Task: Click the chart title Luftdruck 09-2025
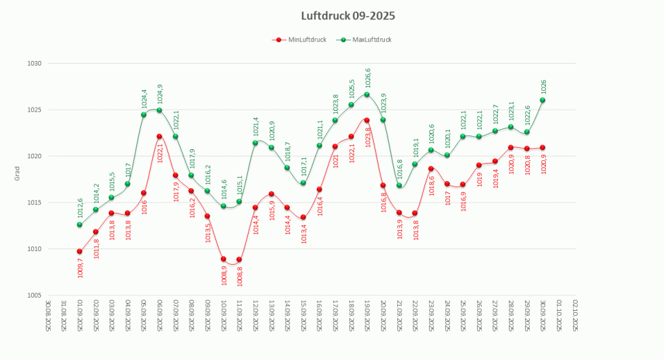tap(348, 16)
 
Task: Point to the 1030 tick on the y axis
tap(34, 64)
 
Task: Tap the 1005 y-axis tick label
tap(34, 295)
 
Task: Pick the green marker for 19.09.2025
tap(367, 95)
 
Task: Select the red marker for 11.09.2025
tap(239, 260)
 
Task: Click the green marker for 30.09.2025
tap(543, 100)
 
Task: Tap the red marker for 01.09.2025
tap(80, 252)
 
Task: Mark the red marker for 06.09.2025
tap(159, 136)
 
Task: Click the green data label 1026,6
tap(367, 78)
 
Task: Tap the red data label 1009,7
tap(80, 267)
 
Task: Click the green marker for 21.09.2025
tap(399, 186)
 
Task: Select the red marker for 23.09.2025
tap(431, 169)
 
